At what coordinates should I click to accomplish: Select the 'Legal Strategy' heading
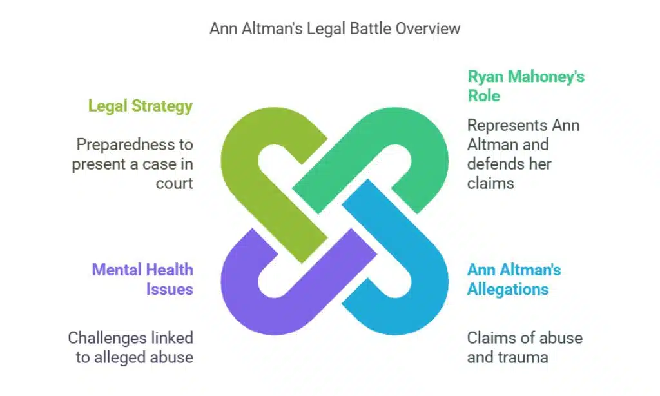point(140,106)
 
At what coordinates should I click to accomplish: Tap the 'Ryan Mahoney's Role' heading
point(525,86)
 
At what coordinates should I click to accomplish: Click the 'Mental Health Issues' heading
point(142,279)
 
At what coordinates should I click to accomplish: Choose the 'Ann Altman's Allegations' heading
point(514,279)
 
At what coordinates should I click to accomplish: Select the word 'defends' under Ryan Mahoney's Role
point(496,164)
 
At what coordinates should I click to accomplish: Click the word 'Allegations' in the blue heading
point(508,288)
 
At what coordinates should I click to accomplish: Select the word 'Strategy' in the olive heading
point(163,106)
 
